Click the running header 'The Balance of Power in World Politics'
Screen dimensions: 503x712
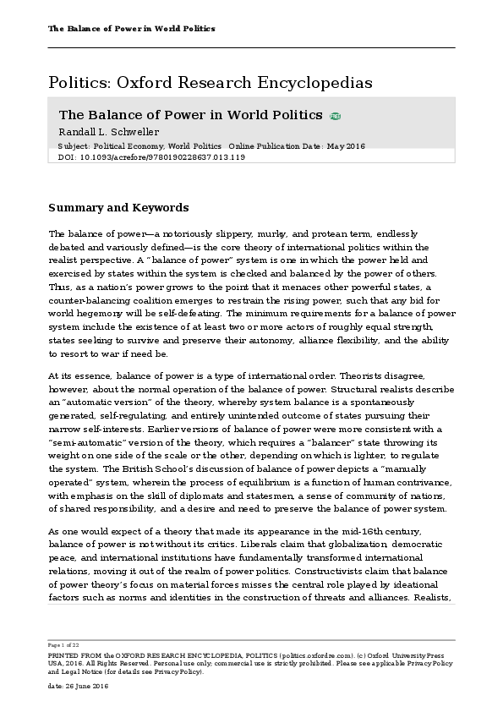click(132, 29)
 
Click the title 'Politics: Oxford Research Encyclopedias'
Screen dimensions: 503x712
click(210, 83)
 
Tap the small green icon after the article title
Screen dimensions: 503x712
click(336, 116)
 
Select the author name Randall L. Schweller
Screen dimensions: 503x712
click(108, 132)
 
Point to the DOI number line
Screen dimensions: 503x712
click(151, 157)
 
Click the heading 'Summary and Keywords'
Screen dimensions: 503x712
click(118, 208)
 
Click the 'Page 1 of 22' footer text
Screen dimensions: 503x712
click(65, 644)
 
